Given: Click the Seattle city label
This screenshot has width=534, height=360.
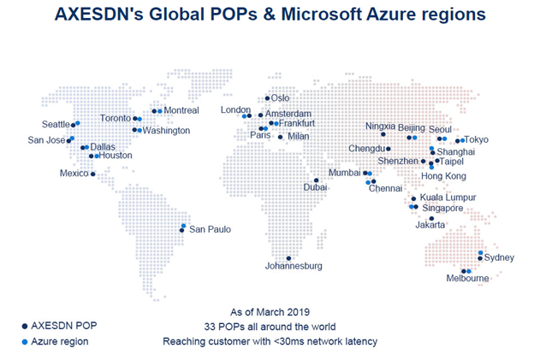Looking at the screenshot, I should [56, 124].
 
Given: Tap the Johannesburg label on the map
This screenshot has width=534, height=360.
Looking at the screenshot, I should [294, 267].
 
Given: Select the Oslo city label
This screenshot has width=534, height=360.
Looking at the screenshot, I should [280, 98].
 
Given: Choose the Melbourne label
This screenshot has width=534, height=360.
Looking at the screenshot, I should [467, 279].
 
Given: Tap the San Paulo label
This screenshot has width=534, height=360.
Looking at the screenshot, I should [210, 229].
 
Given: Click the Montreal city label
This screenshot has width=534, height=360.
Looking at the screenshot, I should [181, 110].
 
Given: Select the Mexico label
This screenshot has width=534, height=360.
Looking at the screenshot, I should [74, 174].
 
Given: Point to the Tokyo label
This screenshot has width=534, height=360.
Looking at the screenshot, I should [477, 140].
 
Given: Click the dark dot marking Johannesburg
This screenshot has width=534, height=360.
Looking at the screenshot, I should [289, 257].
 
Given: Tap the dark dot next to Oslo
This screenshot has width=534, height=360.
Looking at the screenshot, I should [267, 98].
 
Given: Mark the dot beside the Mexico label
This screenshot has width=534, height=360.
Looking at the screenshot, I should [92, 174].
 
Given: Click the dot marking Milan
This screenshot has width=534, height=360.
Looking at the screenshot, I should [280, 136].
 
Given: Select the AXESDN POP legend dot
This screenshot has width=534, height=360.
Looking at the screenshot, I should [23, 326].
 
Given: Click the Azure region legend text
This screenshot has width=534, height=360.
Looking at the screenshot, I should [60, 342].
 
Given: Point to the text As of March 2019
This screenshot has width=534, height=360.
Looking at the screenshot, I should [270, 311].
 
